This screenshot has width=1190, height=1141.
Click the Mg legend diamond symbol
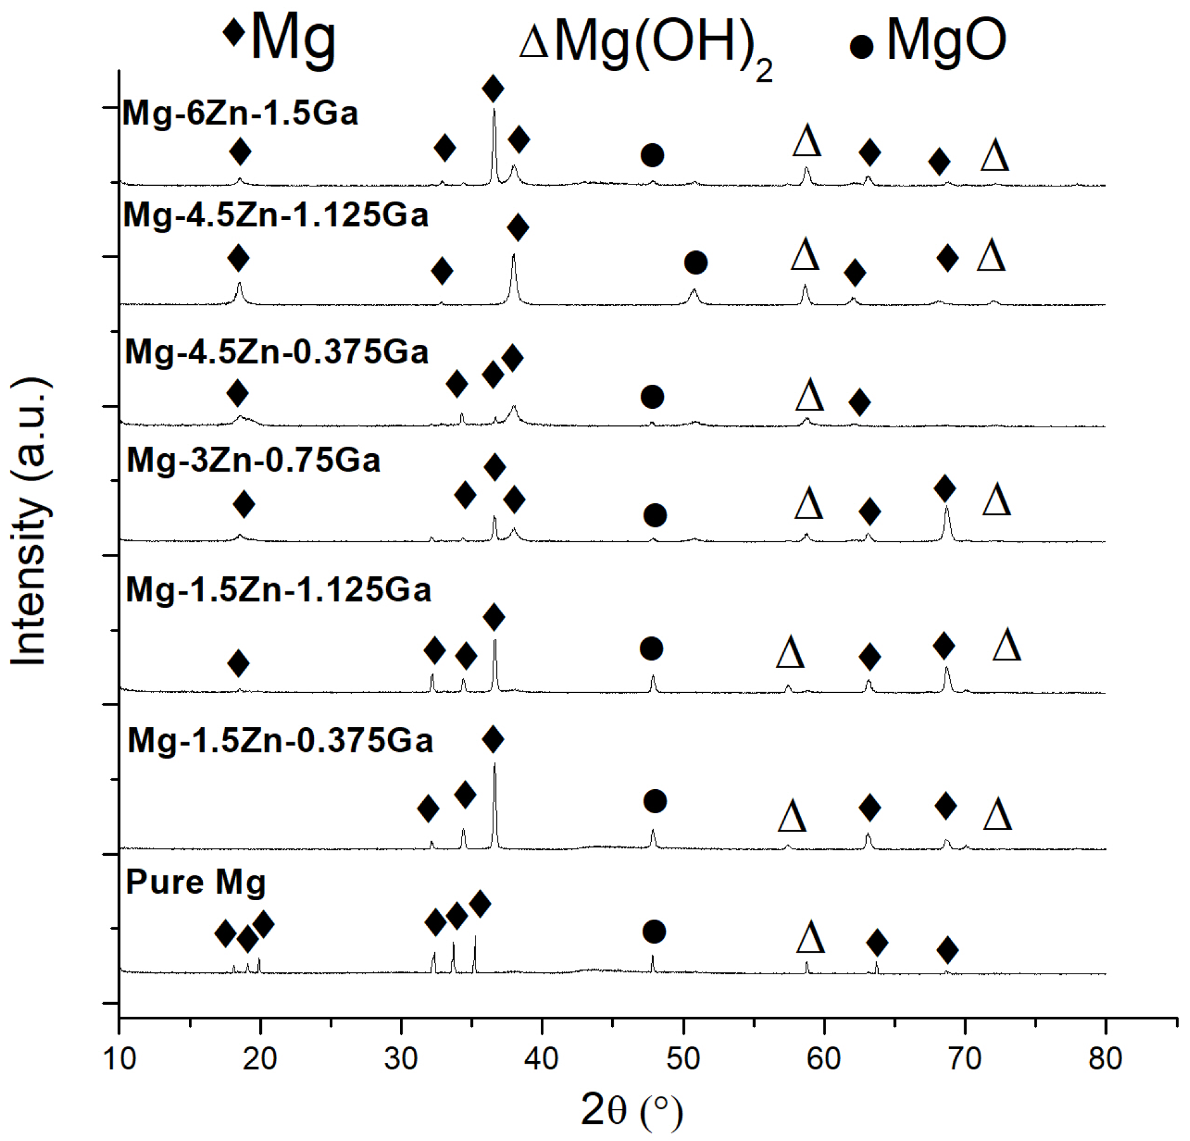[234, 32]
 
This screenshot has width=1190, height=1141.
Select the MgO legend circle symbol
[861, 46]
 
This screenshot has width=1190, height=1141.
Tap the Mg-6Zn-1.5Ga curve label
[240, 113]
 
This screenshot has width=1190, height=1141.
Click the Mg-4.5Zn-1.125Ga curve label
[276, 215]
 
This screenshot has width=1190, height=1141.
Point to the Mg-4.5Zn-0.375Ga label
[276, 352]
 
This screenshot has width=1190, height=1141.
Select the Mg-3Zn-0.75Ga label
[253, 460]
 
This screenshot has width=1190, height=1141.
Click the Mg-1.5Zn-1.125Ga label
[278, 590]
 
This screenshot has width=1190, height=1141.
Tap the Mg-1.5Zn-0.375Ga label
[280, 740]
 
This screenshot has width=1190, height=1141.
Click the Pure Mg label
[195, 882]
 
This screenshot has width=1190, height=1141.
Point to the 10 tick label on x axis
[119, 1059]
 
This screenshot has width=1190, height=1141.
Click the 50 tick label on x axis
[683, 1059]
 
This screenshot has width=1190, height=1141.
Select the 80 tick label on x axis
[1105, 1059]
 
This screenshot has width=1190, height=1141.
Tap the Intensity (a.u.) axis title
[30, 521]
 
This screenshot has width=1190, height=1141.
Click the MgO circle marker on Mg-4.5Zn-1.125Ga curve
[695, 262]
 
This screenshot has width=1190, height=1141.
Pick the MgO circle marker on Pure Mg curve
[654, 931]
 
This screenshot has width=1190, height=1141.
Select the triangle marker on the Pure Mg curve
[810, 938]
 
